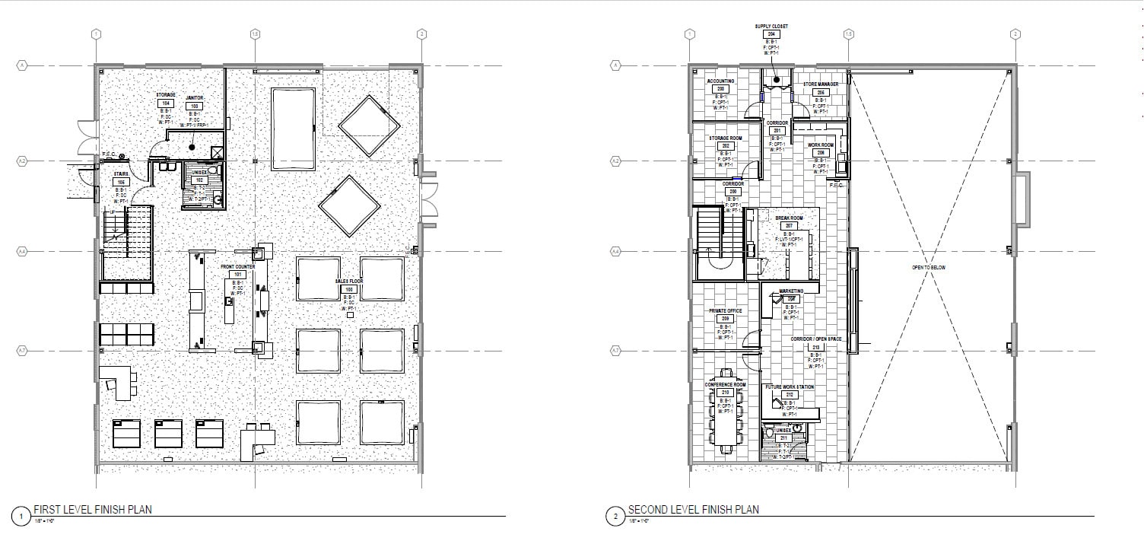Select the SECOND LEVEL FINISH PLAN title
[693, 510]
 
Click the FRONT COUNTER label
[237, 267]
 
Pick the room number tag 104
[166, 103]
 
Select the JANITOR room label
[194, 98]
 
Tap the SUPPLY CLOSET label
[771, 27]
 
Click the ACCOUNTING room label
[720, 81]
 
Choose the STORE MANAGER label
[821, 84]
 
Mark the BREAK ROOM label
[789, 218]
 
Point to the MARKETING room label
[790, 291]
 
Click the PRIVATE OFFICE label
[724, 311]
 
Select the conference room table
[726, 415]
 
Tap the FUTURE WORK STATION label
[790, 387]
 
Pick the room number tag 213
[816, 347]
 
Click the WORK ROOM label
[821, 145]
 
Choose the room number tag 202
[726, 146]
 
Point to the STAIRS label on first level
[120, 174]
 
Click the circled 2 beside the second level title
[615, 516]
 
